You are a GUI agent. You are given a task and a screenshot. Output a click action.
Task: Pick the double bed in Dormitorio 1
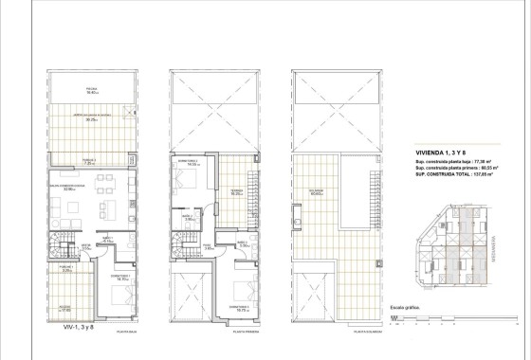click(x=118, y=296)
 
